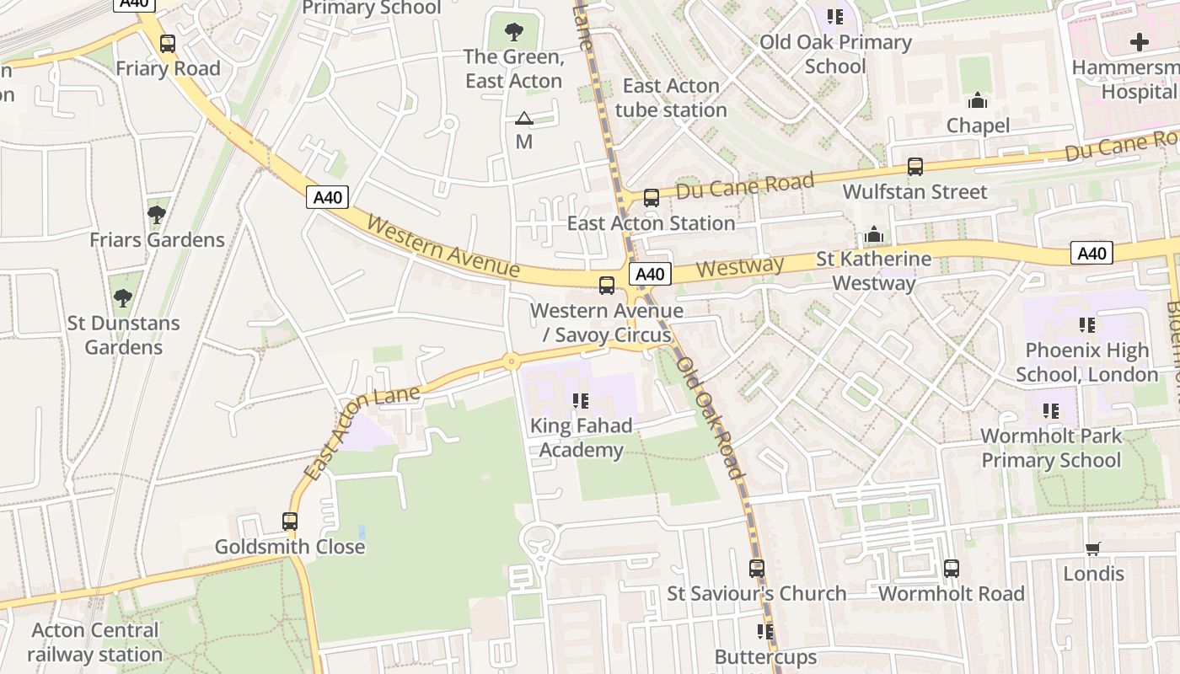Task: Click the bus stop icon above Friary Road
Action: coord(168,44)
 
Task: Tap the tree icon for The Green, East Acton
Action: coord(512,33)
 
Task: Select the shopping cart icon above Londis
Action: coord(1093,549)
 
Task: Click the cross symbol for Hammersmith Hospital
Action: coord(1140,42)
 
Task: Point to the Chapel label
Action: coord(978,126)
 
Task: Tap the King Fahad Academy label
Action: coord(581,438)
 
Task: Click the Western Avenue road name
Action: coord(443,247)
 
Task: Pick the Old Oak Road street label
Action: coord(712,417)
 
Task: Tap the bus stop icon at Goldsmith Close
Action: coord(290,522)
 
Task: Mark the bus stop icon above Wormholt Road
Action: coord(952,569)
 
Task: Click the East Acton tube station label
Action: coord(671,98)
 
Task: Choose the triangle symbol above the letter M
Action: coord(524,119)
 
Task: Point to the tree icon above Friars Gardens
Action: coord(156,215)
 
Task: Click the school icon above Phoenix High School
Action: coord(1086,325)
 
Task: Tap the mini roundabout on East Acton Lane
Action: coord(511,361)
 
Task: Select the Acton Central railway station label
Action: coord(94,642)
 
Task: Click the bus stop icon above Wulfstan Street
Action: coord(914,167)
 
